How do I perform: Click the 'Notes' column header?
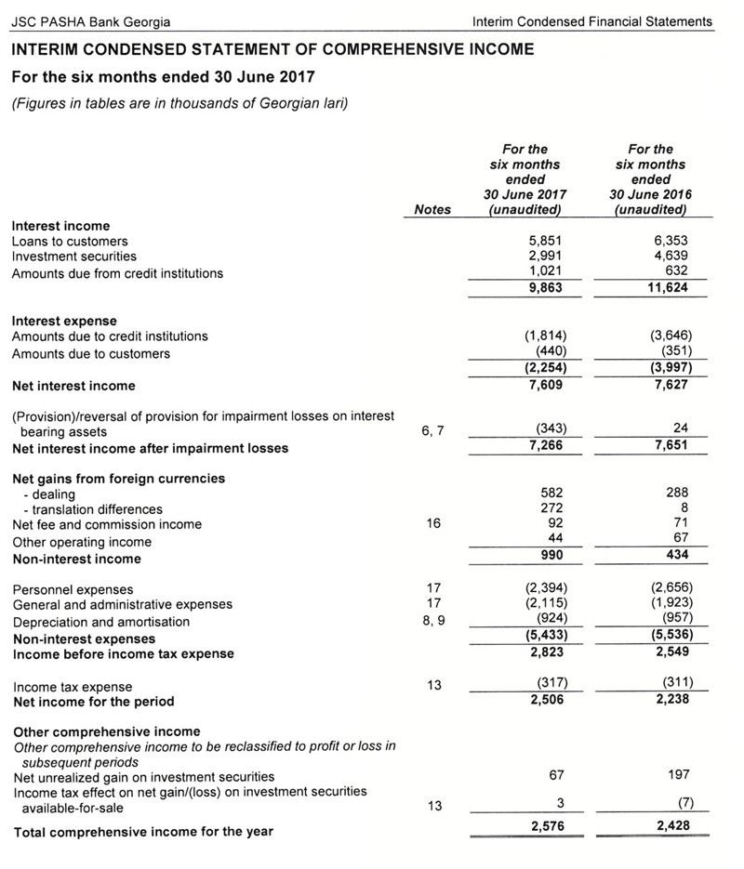pyautogui.click(x=432, y=210)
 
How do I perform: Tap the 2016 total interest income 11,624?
pyautogui.click(x=667, y=288)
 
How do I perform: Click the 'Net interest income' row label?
pyautogui.click(x=73, y=386)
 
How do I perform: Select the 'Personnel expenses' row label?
pyautogui.click(x=73, y=589)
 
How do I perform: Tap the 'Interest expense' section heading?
pyautogui.click(x=64, y=321)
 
